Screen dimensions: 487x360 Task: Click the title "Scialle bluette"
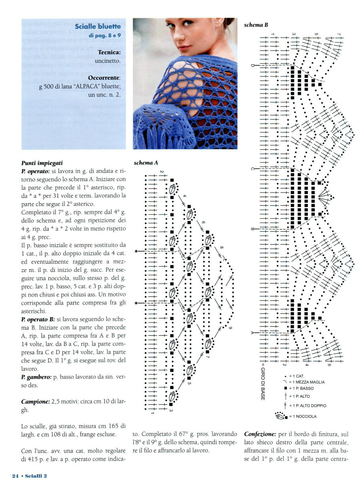click(98, 27)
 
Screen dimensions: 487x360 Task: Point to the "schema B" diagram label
click(256, 25)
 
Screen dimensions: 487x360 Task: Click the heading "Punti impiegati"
click(42, 162)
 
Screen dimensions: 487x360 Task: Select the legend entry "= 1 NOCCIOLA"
click(302, 416)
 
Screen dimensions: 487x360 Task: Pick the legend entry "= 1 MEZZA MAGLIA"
click(307, 382)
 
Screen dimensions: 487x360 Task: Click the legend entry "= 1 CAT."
click(296, 376)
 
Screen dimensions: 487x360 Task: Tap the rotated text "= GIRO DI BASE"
click(262, 381)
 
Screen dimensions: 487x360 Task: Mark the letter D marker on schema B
click(252, 66)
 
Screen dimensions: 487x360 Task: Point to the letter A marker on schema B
click(252, 332)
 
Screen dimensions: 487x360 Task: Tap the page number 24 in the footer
click(15, 476)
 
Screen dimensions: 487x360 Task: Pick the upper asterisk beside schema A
click(136, 251)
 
